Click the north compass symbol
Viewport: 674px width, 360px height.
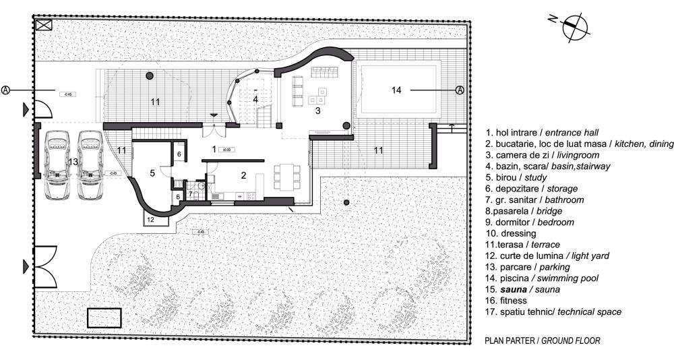pos(574,26)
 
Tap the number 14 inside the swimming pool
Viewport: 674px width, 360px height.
pos(396,89)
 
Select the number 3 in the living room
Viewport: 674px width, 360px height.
pos(317,111)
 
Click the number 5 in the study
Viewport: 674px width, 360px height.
pos(152,173)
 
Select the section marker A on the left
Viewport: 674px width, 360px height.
pos(6,89)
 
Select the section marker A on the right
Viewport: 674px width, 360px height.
pos(459,90)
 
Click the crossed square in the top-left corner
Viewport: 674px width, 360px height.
pos(44,26)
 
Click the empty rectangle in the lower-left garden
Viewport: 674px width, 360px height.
pos(104,318)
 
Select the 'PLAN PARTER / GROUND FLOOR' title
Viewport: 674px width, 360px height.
pos(542,340)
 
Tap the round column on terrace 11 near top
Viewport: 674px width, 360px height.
pos(150,76)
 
